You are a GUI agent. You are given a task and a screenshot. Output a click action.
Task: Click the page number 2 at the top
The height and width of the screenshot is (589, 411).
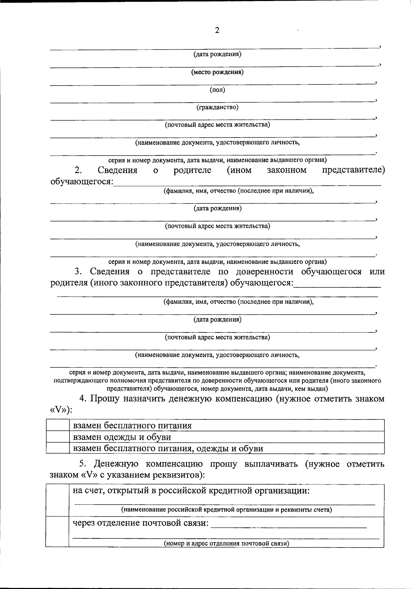tap(217, 30)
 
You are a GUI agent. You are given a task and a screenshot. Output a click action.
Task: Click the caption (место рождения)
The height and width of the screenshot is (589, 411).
tap(217, 72)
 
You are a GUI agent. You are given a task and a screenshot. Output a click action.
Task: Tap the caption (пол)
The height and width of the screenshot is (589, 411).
tap(217, 90)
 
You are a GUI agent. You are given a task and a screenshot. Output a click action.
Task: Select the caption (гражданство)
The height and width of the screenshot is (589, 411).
tap(217, 107)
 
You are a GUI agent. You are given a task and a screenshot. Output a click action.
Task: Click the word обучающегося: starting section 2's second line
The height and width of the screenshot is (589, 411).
tap(82, 181)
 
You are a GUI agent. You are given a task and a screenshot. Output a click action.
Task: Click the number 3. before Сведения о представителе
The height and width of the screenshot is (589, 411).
tap(78, 272)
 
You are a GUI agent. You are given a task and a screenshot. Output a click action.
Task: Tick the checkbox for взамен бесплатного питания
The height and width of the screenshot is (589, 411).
tap(58, 426)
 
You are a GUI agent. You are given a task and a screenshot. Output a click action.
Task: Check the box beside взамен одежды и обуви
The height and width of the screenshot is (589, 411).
tap(58, 437)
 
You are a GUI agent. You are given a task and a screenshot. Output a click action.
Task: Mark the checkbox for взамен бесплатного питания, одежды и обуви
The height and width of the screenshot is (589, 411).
tap(58, 448)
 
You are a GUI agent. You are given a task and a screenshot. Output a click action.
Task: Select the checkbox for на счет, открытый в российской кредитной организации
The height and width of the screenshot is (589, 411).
tap(57, 500)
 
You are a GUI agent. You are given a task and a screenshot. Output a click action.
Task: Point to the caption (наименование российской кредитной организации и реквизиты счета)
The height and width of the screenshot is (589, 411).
tap(226, 510)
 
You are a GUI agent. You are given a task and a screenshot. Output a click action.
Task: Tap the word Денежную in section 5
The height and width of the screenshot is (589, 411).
tap(116, 464)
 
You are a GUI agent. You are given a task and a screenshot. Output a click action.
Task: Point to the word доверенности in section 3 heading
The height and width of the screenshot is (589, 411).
tap(264, 272)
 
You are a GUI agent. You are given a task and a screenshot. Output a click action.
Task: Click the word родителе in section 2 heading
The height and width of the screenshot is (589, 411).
tap(192, 170)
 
